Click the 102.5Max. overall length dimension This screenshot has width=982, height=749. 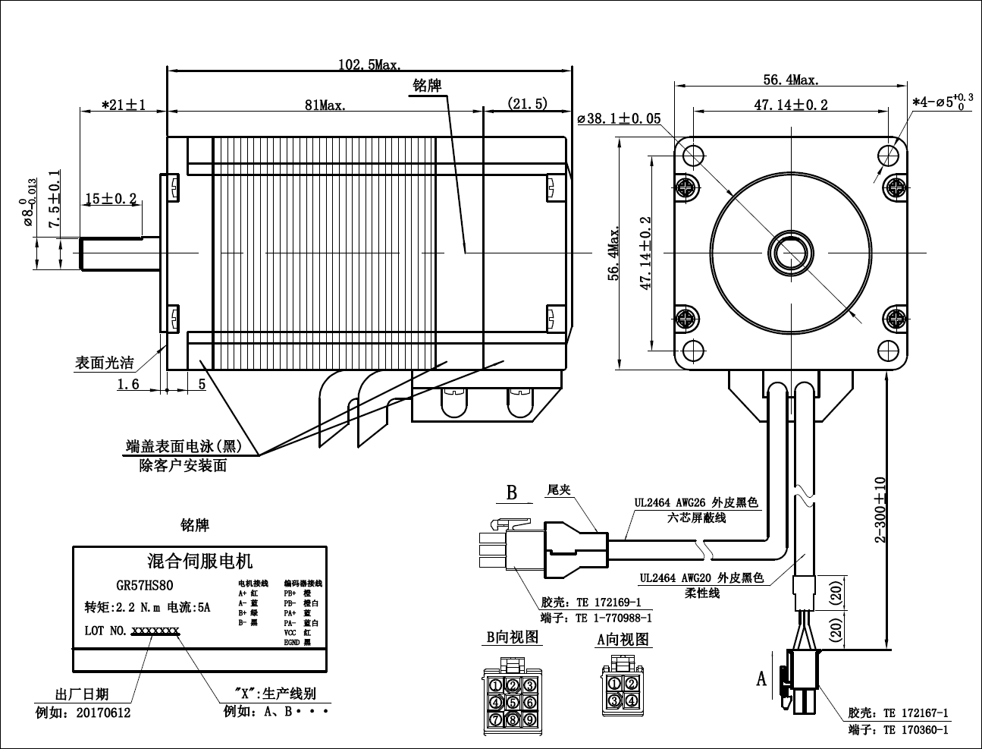tap(369, 65)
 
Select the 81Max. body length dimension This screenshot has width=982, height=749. tap(325, 105)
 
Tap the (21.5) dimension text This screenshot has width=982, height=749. tap(527, 104)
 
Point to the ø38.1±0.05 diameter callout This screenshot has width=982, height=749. tap(619, 118)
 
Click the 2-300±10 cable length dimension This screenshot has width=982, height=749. tap(880, 509)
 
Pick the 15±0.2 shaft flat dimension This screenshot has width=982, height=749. tap(111, 199)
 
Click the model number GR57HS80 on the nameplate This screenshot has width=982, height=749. tap(145, 585)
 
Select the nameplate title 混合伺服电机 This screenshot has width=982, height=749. tap(199, 562)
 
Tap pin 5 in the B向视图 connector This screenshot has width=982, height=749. tap(513, 703)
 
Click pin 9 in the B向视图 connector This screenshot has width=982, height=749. tap(529, 719)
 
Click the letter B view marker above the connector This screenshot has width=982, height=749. tap(512, 493)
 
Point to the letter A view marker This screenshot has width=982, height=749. tap(762, 678)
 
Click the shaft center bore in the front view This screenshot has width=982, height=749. tap(791, 252)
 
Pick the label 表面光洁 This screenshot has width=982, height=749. tap(104, 363)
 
